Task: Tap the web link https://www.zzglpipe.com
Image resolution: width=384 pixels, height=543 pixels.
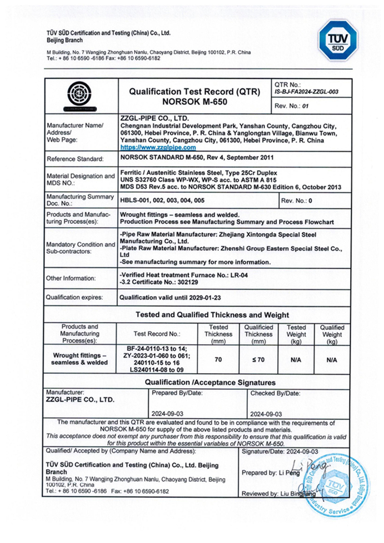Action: point(158,148)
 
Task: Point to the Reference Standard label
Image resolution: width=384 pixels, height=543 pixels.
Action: point(76,159)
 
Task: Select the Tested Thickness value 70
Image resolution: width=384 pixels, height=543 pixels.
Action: point(218,360)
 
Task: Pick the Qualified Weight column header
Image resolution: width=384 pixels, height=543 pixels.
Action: point(332,334)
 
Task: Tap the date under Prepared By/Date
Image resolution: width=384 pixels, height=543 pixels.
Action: point(167,414)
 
